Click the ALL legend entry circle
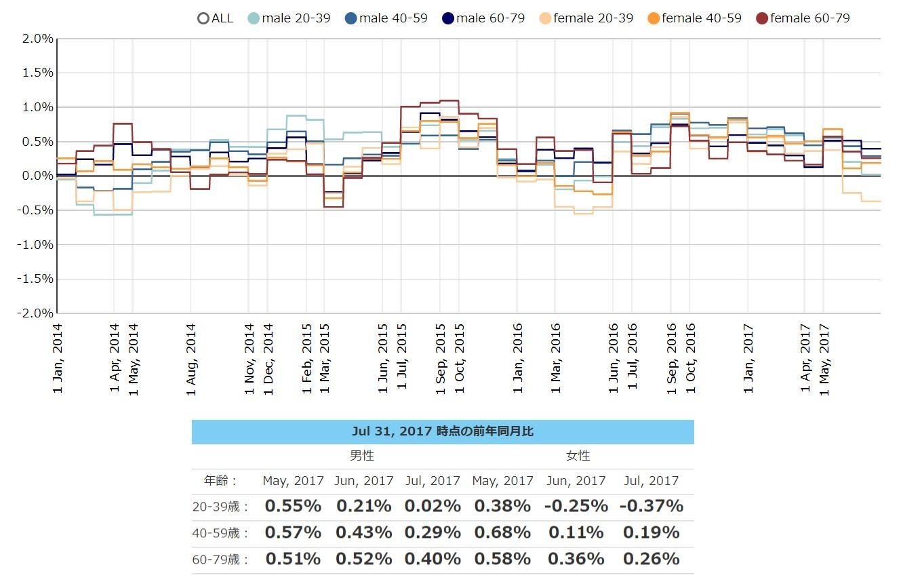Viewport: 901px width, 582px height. [203, 18]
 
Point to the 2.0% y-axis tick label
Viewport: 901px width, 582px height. [38, 39]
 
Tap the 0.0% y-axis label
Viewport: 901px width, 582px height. [38, 176]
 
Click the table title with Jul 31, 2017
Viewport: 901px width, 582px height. [443, 431]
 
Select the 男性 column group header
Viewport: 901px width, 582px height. [361, 456]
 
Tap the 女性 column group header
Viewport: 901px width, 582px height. [578, 456]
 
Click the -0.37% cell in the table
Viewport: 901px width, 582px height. [651, 506]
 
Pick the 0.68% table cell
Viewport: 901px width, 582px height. [502, 532]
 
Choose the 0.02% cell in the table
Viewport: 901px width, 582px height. [433, 506]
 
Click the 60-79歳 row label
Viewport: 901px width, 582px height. [221, 560]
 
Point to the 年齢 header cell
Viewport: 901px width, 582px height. [221, 481]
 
